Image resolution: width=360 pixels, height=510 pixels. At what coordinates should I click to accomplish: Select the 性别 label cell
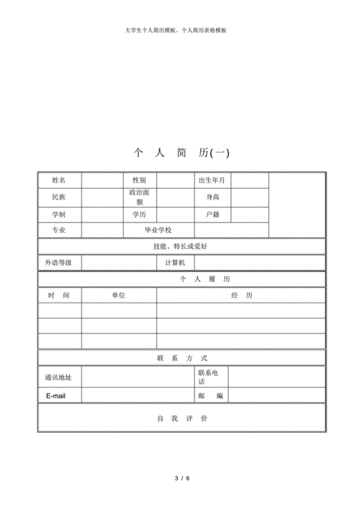(x=139, y=179)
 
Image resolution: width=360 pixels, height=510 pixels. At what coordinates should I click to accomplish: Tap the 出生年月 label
(x=212, y=179)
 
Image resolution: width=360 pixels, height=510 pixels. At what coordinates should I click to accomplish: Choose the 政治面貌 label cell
(x=139, y=197)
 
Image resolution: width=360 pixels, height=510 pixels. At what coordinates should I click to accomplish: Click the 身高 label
(x=212, y=197)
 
